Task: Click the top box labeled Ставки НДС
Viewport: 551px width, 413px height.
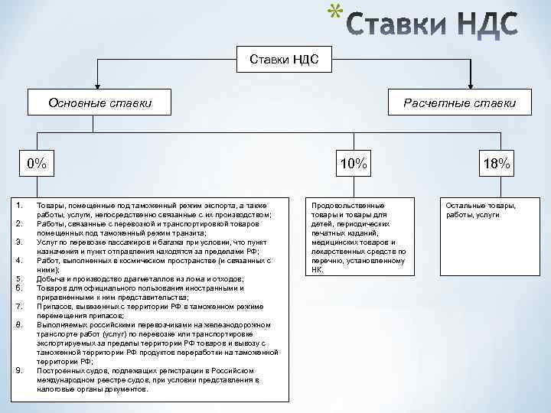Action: coord(279,58)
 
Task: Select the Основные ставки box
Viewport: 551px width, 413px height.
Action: coord(99,102)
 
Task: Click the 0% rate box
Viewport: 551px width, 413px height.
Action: coord(36,164)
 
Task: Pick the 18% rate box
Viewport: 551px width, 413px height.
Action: coord(497,164)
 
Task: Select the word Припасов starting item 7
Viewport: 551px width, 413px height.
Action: coord(53,306)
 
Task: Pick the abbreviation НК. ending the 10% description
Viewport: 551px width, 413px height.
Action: coord(318,269)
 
